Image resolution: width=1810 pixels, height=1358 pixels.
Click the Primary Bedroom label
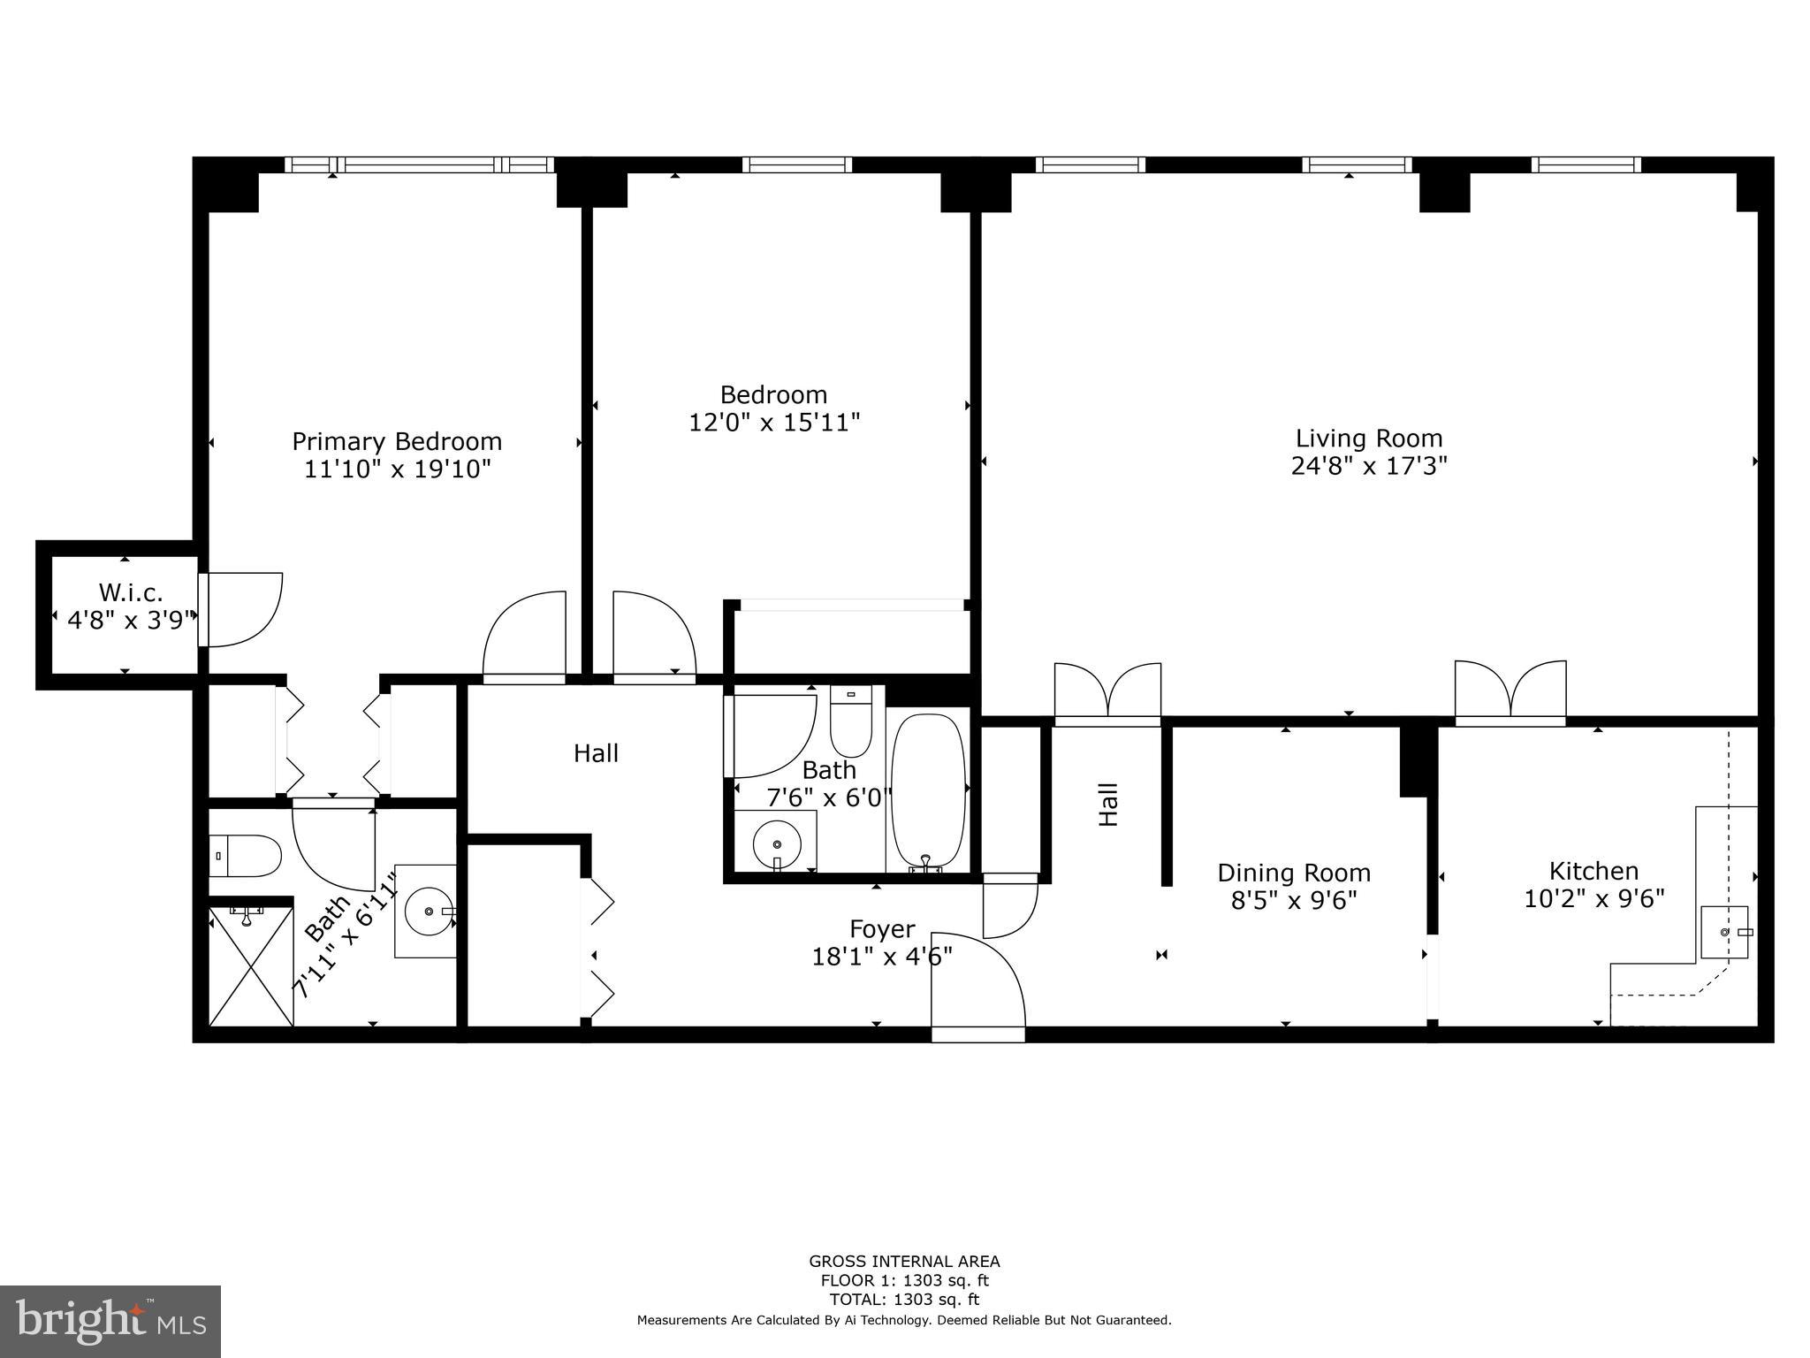(x=397, y=441)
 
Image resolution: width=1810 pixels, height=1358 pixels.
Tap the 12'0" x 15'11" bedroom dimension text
(x=774, y=423)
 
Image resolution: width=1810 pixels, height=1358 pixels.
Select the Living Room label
(x=1368, y=439)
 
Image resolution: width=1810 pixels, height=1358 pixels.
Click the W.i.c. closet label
(x=131, y=591)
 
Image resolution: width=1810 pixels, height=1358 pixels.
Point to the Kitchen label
(x=1593, y=871)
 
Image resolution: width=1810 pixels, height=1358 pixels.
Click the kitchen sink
(x=1724, y=932)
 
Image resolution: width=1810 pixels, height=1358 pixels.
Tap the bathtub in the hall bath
(x=927, y=790)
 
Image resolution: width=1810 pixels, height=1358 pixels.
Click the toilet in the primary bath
(x=245, y=855)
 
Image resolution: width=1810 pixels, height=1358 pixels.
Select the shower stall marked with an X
(x=251, y=965)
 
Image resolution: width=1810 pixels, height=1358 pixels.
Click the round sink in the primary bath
(x=428, y=911)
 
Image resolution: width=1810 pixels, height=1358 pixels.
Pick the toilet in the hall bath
(x=850, y=721)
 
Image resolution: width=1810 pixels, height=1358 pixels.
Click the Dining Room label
(x=1294, y=873)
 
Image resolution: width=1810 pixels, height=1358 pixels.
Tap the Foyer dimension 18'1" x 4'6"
(x=881, y=956)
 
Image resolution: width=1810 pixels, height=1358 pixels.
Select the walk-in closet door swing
(x=240, y=608)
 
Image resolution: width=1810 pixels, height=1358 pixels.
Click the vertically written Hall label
(x=1108, y=805)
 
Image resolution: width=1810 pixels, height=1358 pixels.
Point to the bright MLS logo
(x=110, y=1322)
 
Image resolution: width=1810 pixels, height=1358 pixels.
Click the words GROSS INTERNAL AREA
(x=904, y=1262)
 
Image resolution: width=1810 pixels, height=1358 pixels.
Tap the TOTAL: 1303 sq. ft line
(x=904, y=1299)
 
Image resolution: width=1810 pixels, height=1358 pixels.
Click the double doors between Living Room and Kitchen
(x=1510, y=691)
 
